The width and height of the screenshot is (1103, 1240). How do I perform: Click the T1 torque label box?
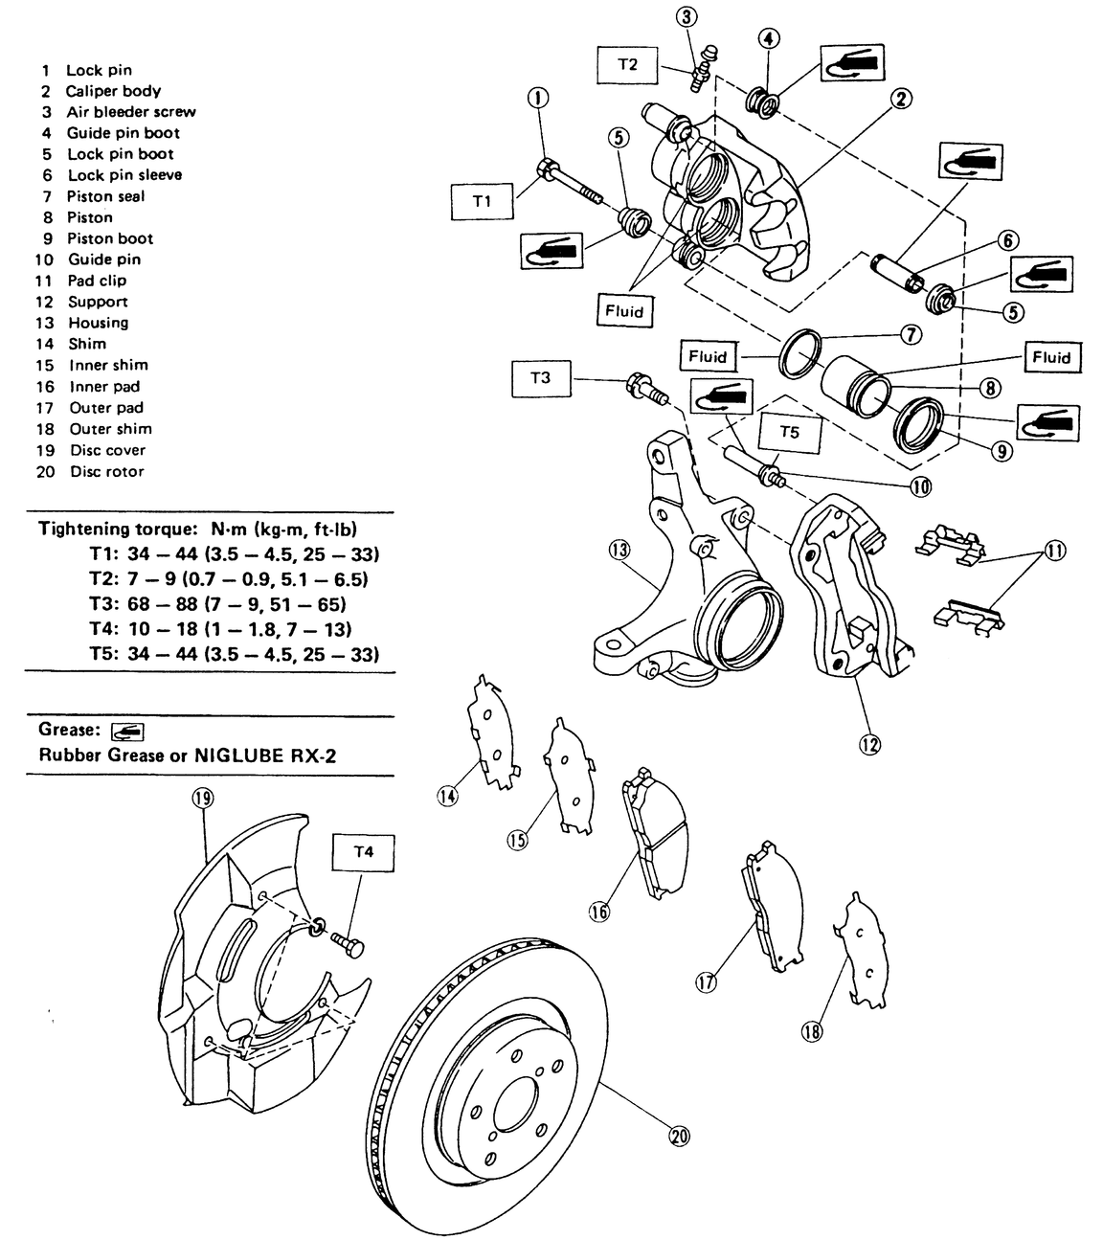(x=482, y=202)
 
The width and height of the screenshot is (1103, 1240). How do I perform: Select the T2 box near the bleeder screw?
(x=626, y=65)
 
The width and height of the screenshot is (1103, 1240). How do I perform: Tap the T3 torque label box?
(x=540, y=377)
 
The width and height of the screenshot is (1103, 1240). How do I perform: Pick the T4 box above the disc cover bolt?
(x=363, y=851)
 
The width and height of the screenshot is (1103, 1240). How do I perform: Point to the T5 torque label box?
(x=788, y=432)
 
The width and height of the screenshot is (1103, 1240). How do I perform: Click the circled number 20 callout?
(x=680, y=1136)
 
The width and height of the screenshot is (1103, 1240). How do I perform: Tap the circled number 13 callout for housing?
(x=619, y=550)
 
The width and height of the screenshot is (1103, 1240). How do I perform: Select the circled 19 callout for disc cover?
(x=202, y=798)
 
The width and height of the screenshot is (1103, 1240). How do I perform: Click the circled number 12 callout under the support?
(x=869, y=743)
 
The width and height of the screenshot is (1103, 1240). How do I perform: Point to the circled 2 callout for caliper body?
(x=901, y=98)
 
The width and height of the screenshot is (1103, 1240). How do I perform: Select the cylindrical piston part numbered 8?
(x=856, y=385)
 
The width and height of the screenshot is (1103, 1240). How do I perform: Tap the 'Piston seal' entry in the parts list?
(x=105, y=196)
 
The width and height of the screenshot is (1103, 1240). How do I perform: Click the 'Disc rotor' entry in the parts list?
(x=106, y=471)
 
